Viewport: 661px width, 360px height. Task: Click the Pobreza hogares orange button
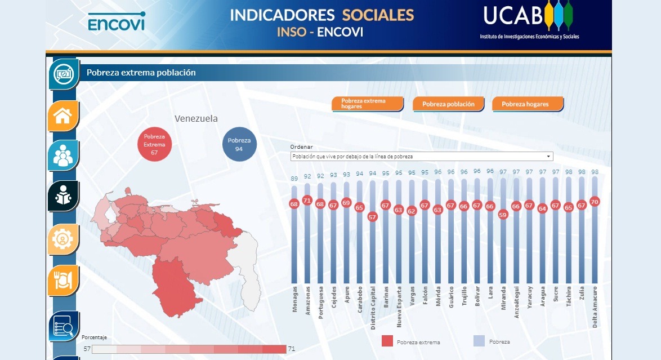tap(528, 104)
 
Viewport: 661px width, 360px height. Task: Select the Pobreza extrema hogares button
tap(367, 104)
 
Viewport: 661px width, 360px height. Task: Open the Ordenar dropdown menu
tap(422, 157)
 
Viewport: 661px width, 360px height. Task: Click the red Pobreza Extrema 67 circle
tap(154, 144)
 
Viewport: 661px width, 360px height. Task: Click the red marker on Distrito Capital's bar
tap(372, 216)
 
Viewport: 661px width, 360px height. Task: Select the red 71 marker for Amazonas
tap(307, 200)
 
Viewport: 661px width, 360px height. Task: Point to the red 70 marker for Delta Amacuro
tap(595, 201)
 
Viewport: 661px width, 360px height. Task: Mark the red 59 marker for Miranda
tap(503, 214)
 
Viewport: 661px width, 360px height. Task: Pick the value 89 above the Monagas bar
tap(294, 179)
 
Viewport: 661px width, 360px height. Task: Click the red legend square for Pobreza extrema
tap(387, 341)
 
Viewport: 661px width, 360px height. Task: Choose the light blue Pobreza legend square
tap(479, 341)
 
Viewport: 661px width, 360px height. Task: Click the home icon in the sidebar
tap(62, 116)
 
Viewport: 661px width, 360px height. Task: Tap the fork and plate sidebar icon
tap(62, 280)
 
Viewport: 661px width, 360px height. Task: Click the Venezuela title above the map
tap(196, 118)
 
